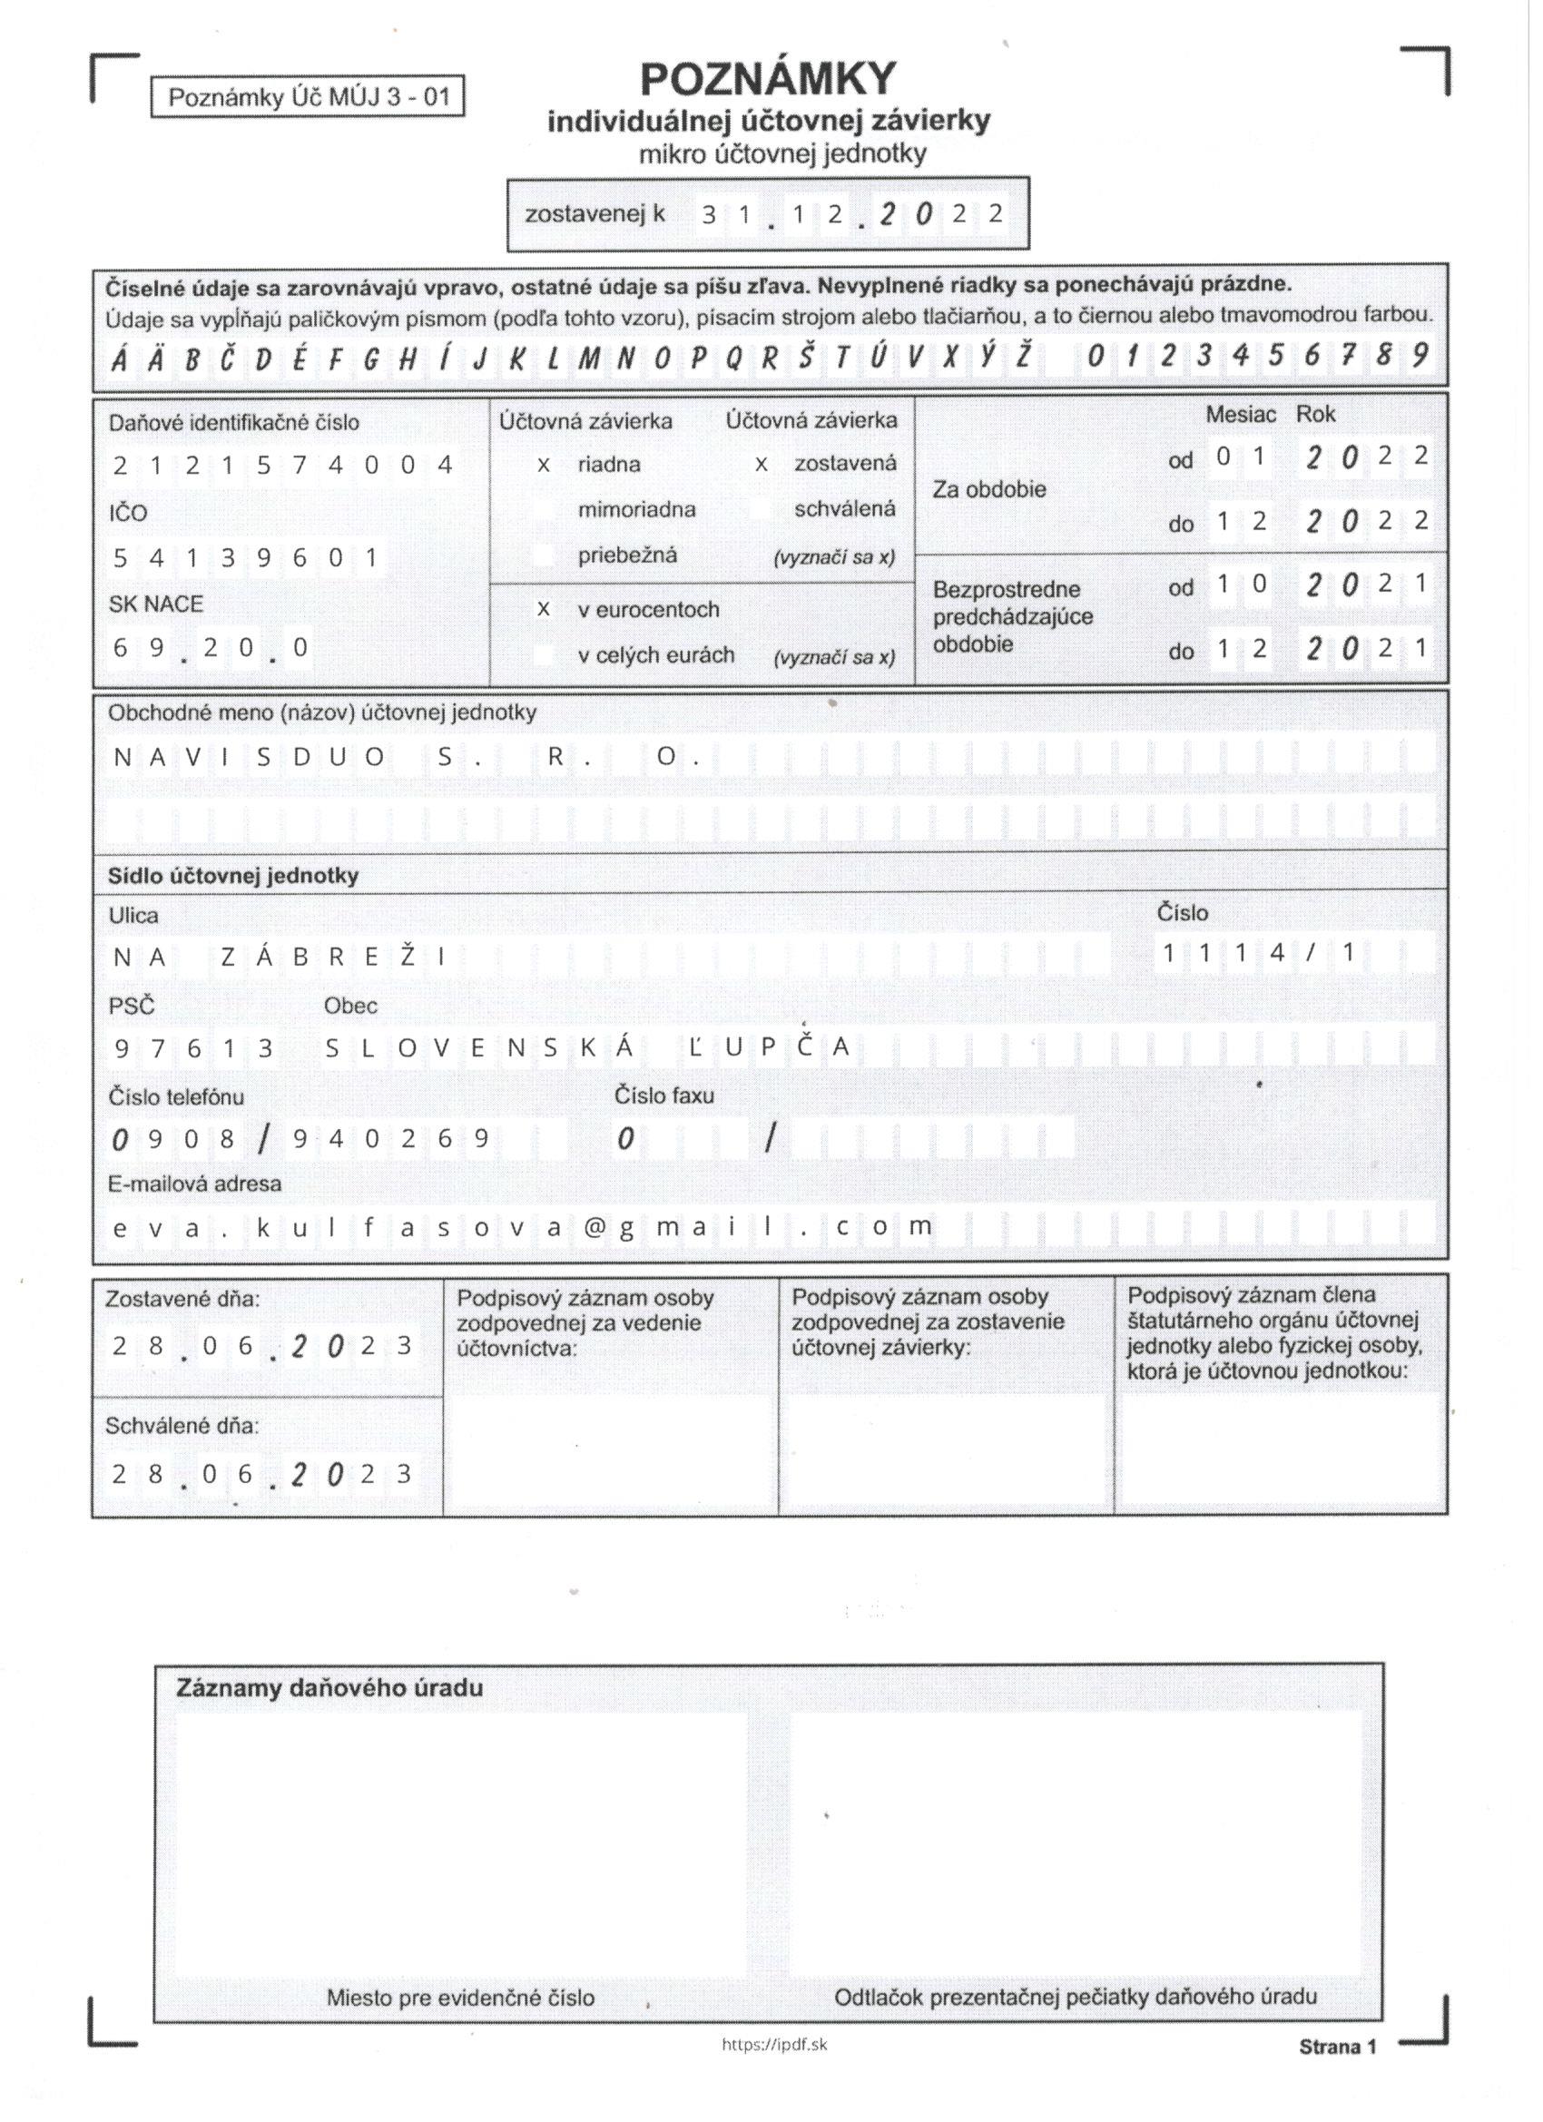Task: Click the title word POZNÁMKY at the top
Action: [x=768, y=81]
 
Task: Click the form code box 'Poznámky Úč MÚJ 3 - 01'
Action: [x=308, y=97]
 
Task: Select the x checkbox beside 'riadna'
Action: [x=543, y=464]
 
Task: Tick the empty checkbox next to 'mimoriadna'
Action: [x=543, y=510]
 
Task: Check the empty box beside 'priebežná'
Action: [x=543, y=555]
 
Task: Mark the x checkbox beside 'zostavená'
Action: [x=761, y=464]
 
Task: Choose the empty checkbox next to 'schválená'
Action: [x=761, y=509]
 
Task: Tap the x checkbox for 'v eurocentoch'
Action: [x=543, y=609]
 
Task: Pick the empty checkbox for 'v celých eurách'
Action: [x=543, y=655]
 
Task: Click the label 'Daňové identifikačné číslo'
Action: [x=233, y=423]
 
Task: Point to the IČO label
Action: [x=127, y=513]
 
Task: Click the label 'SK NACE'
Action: [x=155, y=604]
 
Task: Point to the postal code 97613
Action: [x=192, y=1048]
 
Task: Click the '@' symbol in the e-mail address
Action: [x=594, y=1226]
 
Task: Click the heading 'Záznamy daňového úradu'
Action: [x=329, y=1689]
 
